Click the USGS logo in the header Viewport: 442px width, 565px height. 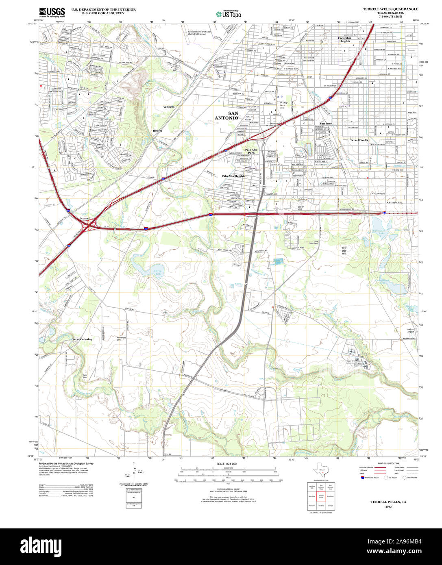52,12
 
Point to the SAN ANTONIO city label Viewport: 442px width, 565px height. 227,115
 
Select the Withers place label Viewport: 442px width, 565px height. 169,107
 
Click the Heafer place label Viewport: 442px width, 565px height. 157,130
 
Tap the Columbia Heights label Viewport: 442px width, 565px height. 345,39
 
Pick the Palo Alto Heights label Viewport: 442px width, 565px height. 233,176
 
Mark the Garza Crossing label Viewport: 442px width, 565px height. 82,339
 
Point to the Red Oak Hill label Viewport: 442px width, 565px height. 344,250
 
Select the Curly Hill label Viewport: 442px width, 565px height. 300,208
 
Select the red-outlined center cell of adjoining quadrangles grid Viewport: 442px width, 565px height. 321,496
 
